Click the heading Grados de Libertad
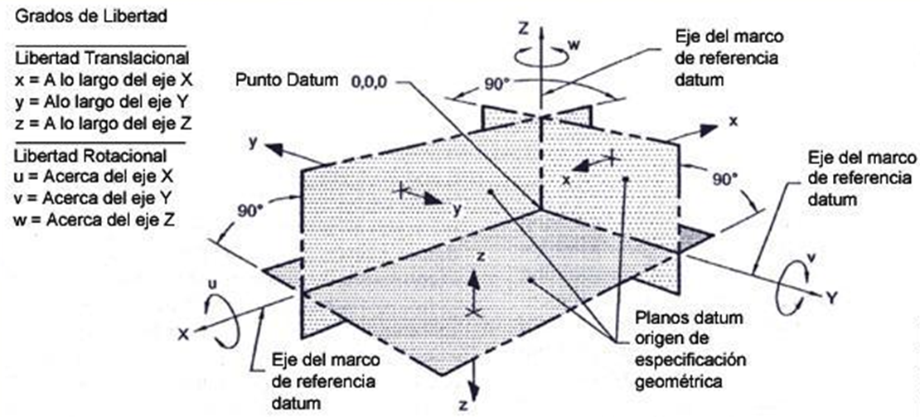[91, 16]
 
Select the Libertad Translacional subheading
[101, 58]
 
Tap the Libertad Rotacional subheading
[91, 155]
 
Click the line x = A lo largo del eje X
[104, 80]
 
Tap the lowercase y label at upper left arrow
[253, 143]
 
